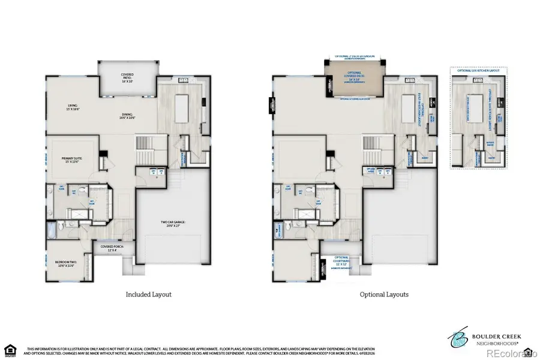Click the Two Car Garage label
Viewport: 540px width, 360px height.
click(x=173, y=223)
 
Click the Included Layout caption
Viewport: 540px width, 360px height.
click(x=148, y=295)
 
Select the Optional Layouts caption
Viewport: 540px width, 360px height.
click(x=384, y=295)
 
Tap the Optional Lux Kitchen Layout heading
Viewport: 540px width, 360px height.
click(x=478, y=71)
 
